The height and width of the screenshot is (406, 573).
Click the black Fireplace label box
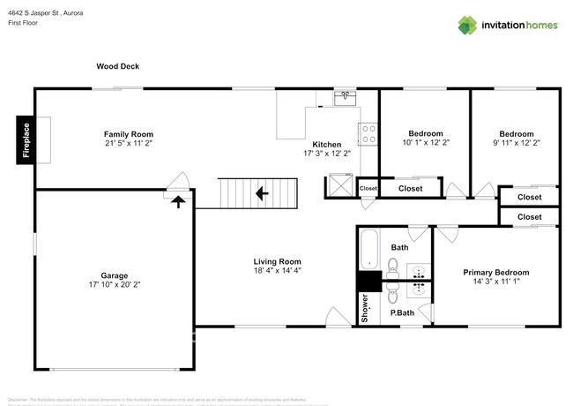pos(26,141)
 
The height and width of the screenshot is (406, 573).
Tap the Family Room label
pos(129,134)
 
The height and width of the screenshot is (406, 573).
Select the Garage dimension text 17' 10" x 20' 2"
pos(115,285)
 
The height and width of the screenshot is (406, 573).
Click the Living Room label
pos(277,261)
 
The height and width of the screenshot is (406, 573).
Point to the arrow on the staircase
pos(261,192)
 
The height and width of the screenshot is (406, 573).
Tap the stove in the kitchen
pos(368,133)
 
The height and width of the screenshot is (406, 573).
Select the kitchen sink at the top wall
pos(344,98)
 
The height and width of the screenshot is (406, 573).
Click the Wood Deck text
pos(118,66)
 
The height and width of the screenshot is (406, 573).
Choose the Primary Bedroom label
pos(496,273)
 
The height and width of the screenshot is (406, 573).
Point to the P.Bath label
pos(402,313)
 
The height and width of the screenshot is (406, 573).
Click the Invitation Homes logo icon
pos(467,25)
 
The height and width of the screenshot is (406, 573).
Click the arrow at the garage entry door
pos(178,201)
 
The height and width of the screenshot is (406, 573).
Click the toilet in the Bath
pos(394,266)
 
